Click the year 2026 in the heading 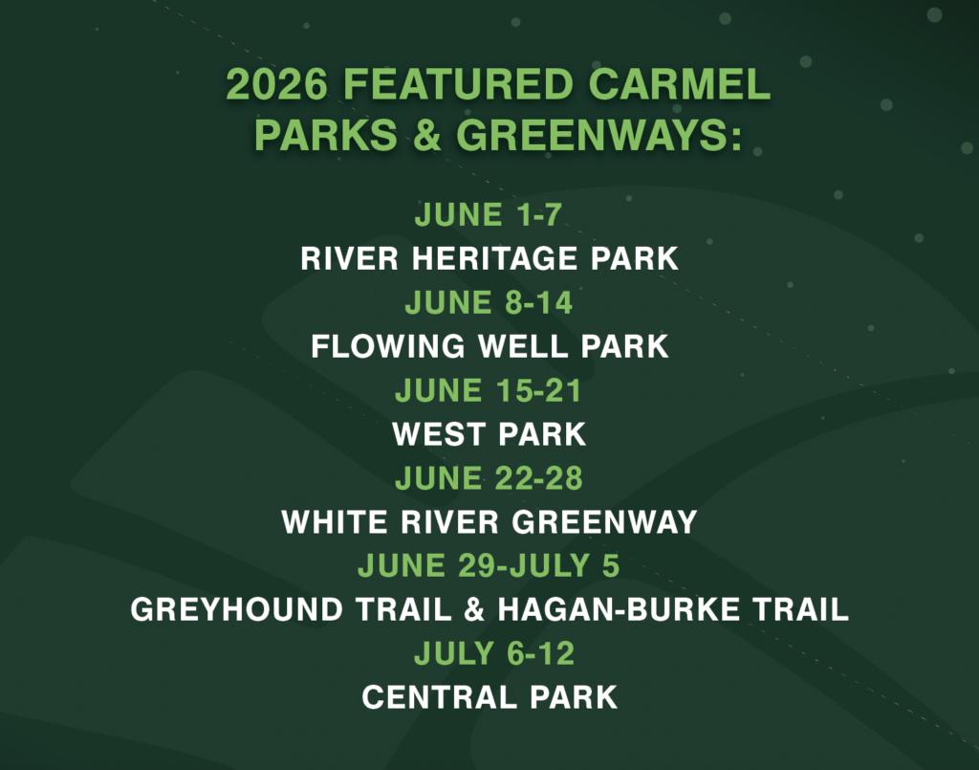pos(276,83)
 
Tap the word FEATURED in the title pos(458,83)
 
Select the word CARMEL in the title pos(680,83)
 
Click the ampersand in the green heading pos(426,134)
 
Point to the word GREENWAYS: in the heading pos(599,134)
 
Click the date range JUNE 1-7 pos(489,215)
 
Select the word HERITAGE pos(494,258)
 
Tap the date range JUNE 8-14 pos(489,303)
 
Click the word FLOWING pos(388,346)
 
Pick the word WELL pos(523,346)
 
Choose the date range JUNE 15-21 pos(489,391)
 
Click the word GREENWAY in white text pos(604,522)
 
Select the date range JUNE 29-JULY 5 pos(489,566)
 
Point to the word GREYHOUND pos(237,609)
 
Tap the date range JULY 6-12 pos(494,654)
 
